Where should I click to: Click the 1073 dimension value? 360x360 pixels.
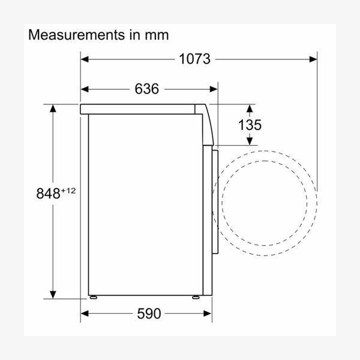point(194,59)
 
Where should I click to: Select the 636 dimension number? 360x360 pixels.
point(147,89)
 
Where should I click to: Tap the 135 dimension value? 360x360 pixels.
point(250,125)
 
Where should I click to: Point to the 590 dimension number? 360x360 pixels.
point(149,313)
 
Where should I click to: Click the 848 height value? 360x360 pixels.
point(48,193)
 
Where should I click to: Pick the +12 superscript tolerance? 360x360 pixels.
point(68,191)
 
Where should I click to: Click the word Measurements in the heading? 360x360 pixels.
point(76,35)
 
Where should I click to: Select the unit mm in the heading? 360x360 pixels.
point(157,35)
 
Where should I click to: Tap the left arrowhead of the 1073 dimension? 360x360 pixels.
point(85,59)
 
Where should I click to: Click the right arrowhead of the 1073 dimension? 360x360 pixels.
point(313,59)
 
